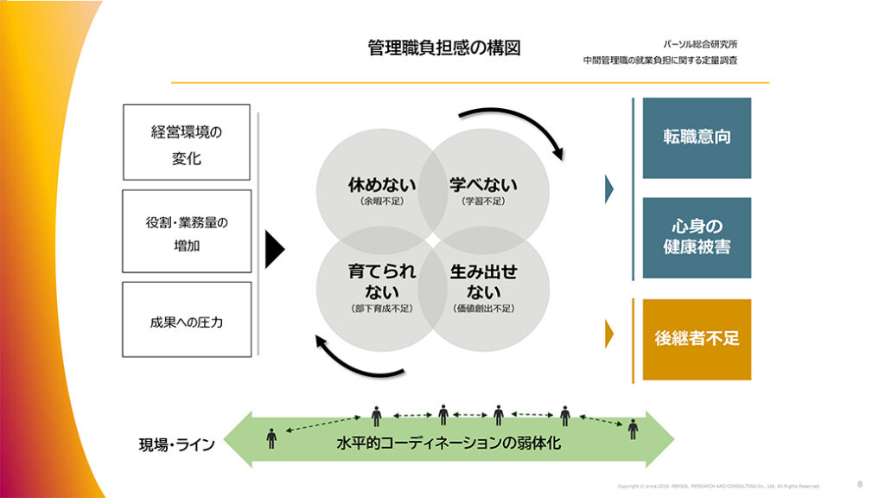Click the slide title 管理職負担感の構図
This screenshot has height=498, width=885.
[x=444, y=48]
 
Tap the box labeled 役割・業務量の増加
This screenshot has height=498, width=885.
[x=187, y=231]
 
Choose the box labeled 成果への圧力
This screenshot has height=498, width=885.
[x=187, y=319]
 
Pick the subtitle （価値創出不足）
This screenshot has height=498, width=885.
[x=483, y=308]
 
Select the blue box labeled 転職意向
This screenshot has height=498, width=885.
[x=697, y=137]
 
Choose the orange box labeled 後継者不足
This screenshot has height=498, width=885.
[x=697, y=339]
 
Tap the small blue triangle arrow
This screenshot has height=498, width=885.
[x=609, y=188]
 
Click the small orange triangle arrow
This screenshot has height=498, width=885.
[x=609, y=334]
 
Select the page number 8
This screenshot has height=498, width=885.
[x=859, y=484]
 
